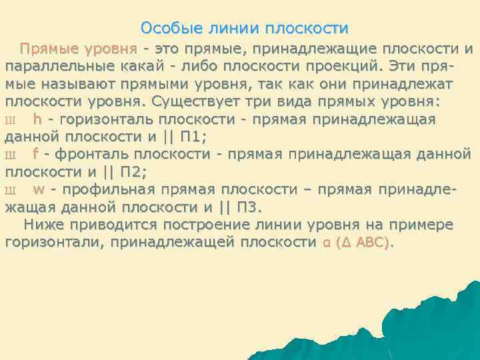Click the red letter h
click(x=37, y=119)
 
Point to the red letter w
click(x=39, y=189)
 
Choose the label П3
click(x=247, y=207)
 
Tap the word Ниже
click(x=41, y=224)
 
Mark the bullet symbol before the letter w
click(x=9, y=190)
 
